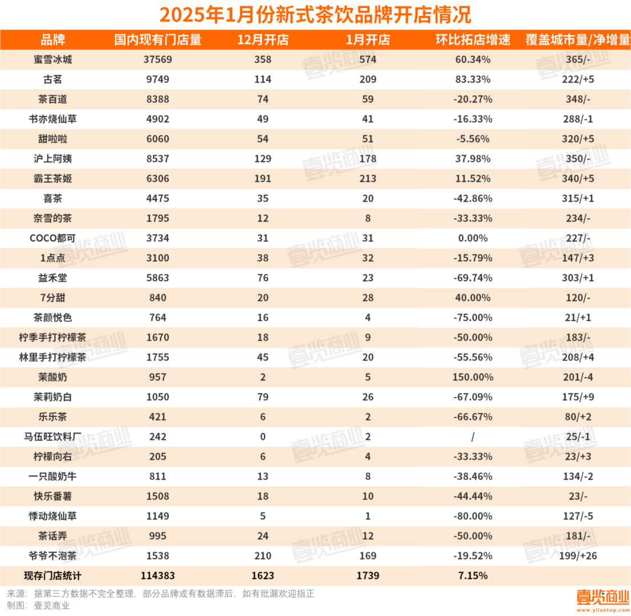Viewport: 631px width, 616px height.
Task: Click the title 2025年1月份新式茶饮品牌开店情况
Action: pyautogui.click(x=315, y=14)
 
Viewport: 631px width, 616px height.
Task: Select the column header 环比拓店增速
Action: pyautogui.click(x=473, y=39)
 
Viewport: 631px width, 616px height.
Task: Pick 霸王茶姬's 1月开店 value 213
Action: pyautogui.click(x=367, y=179)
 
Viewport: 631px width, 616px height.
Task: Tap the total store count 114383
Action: pyautogui.click(x=157, y=576)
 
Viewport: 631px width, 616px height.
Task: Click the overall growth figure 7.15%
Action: pyautogui.click(x=473, y=576)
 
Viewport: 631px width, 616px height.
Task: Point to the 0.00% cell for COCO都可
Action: pyautogui.click(x=473, y=238)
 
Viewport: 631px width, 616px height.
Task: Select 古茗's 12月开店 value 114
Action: pyautogui.click(x=262, y=79)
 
